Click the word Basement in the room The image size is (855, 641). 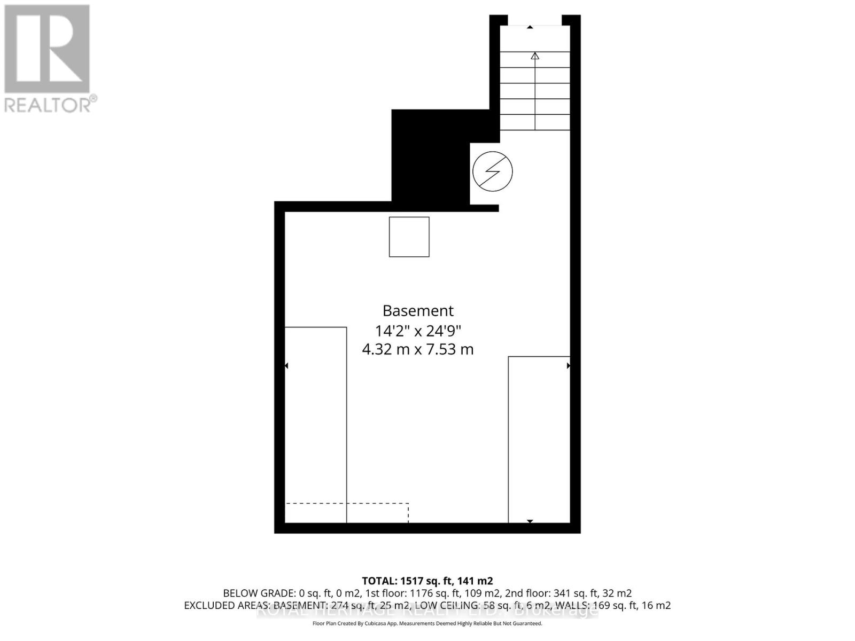tap(418, 311)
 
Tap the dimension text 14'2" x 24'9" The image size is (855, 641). tap(418, 331)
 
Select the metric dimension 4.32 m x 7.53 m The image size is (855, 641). tap(418, 350)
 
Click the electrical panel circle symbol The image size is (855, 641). tap(492, 171)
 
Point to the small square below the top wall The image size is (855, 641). tap(409, 237)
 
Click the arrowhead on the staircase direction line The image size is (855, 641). tap(535, 56)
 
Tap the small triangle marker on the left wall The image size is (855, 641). tap(286, 366)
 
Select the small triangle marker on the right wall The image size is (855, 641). tap(568, 366)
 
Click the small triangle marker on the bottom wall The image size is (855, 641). tap(530, 521)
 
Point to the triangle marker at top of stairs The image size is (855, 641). tap(530, 27)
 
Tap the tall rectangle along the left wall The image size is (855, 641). tap(316, 425)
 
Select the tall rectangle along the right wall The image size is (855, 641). tap(539, 439)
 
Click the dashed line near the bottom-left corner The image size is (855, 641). tap(347, 504)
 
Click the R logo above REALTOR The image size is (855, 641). tap(47, 49)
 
